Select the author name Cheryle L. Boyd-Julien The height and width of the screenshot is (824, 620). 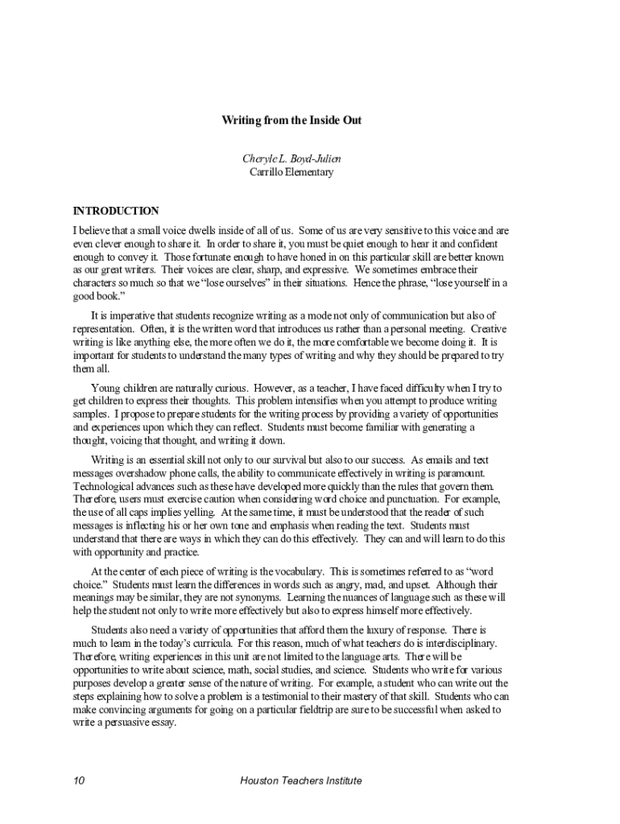tap(291, 159)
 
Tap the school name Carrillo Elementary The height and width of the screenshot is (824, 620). tap(291, 172)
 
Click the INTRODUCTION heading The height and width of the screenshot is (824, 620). tap(116, 212)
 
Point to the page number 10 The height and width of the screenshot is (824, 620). tap(79, 781)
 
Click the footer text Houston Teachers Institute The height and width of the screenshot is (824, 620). tap(301, 781)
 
